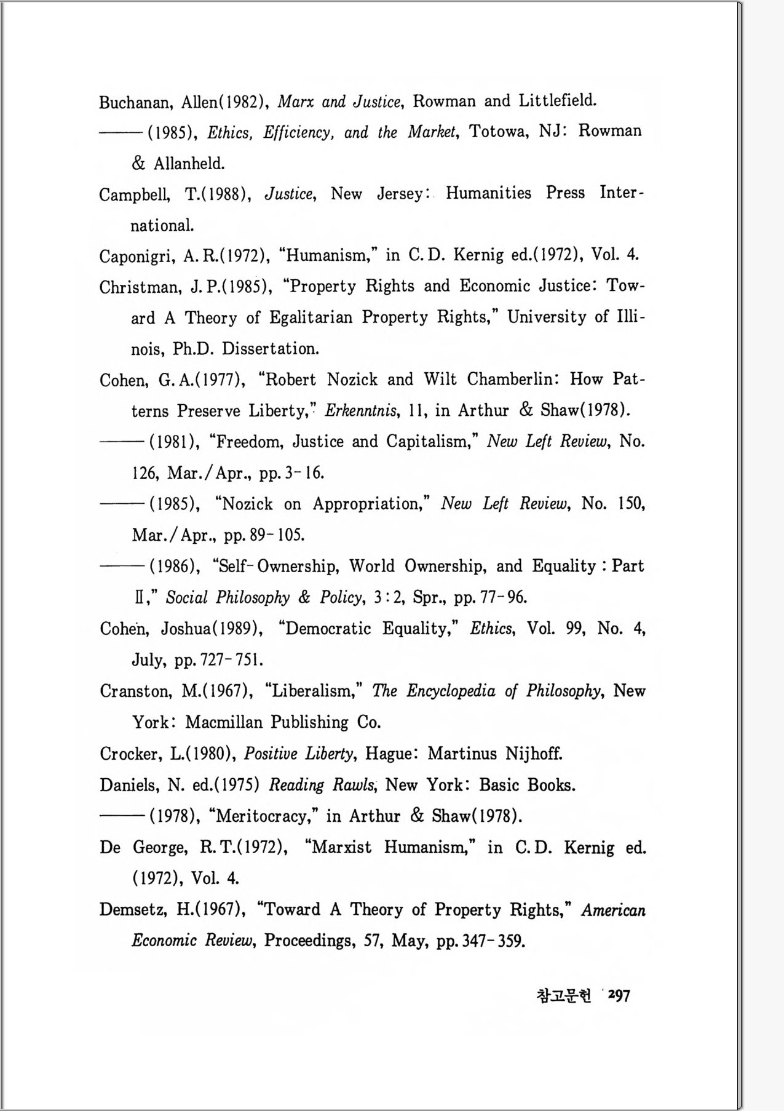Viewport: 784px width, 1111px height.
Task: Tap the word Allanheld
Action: (189, 164)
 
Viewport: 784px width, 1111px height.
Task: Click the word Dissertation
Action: (270, 349)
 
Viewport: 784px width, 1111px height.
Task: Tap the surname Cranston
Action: (136, 691)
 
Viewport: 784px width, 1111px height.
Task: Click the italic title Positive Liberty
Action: (299, 754)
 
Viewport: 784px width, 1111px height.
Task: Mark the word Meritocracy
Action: (264, 816)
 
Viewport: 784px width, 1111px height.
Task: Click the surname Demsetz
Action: (133, 910)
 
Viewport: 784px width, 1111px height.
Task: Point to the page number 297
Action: (619, 995)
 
